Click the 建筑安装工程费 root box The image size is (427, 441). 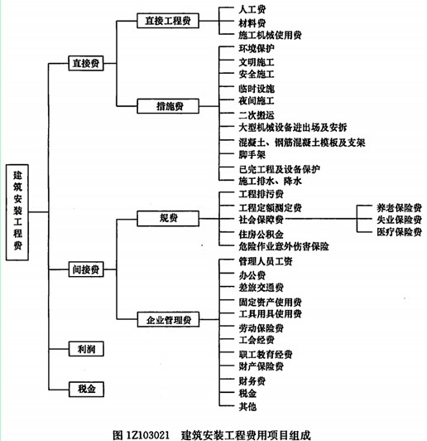pyautogui.click(x=17, y=212)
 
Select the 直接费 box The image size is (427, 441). pyautogui.click(x=86, y=63)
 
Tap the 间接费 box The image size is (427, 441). pyautogui.click(x=86, y=269)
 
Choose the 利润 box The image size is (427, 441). pyautogui.click(x=86, y=349)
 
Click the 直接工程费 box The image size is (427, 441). pyautogui.click(x=168, y=21)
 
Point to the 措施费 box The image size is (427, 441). pyautogui.click(x=168, y=106)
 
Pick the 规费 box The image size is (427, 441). pyautogui.click(x=168, y=218)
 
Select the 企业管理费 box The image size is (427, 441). pyautogui.click(x=168, y=319)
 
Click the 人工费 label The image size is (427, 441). pyautogui.click(x=252, y=9)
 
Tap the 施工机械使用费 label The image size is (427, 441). pyautogui.click(x=270, y=35)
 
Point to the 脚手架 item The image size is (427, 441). pyautogui.click(x=252, y=154)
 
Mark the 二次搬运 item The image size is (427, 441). pyautogui.click(x=257, y=115)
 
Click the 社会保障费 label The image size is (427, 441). pyautogui.click(x=261, y=219)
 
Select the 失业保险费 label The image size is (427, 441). pyautogui.click(x=399, y=220)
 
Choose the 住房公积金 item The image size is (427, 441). pyautogui.click(x=261, y=235)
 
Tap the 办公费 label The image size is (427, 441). pyautogui.click(x=252, y=275)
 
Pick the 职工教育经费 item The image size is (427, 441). pyautogui.click(x=266, y=354)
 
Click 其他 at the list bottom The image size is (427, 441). pyautogui.click(x=247, y=406)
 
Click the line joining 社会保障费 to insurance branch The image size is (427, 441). pyautogui.click(x=321, y=219)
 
